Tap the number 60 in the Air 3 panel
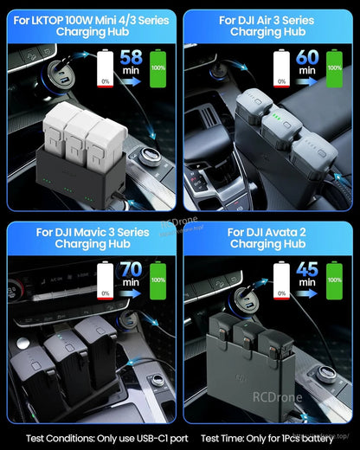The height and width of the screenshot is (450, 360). tap(307, 56)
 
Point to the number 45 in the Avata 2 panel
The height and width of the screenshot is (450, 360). tap(307, 269)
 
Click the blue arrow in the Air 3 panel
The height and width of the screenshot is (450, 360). tap(307, 80)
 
